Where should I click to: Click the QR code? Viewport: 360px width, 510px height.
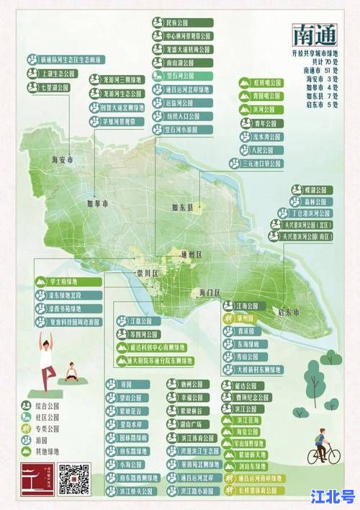74,478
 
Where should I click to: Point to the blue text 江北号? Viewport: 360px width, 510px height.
332,496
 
